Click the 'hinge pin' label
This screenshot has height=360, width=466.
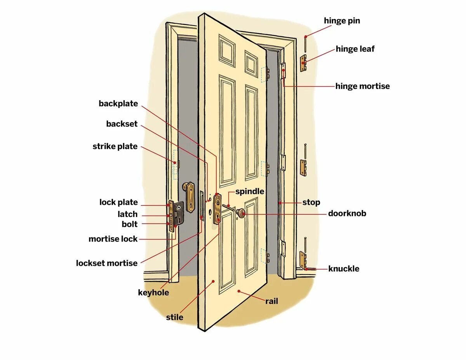(342, 21)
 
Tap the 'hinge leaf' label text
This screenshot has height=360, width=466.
(355, 49)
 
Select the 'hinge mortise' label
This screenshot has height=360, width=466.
(362, 86)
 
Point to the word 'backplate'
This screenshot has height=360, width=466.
(118, 104)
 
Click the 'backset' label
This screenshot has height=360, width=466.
(122, 124)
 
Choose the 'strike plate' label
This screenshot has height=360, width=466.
(115, 146)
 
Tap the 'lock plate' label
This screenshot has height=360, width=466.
(118, 202)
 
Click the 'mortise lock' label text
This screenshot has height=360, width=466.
(113, 239)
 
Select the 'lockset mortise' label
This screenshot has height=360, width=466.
(106, 263)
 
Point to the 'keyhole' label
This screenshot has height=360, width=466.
(153, 292)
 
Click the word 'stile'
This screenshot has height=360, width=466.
(174, 317)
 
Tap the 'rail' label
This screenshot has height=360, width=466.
(271, 301)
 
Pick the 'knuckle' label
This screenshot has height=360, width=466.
(344, 269)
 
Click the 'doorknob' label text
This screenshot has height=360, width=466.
(347, 213)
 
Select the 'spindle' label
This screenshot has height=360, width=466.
(250, 191)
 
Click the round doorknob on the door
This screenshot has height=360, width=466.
(241, 212)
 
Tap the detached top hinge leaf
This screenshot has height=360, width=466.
(303, 63)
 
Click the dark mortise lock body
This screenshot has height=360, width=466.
(179, 213)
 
